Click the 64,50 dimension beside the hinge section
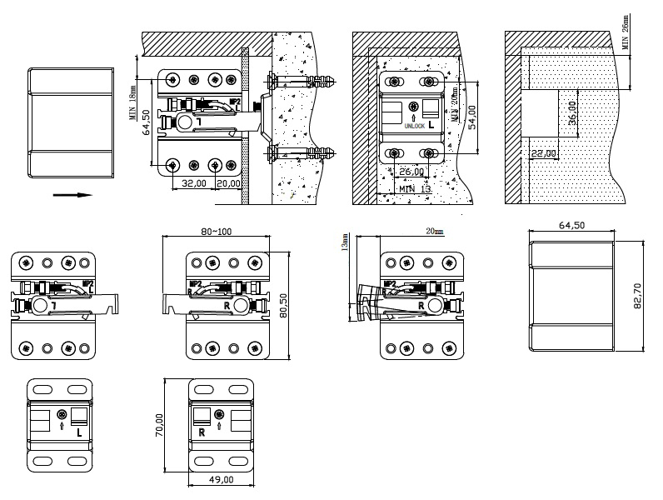pos(146,122)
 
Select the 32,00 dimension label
pos(193,182)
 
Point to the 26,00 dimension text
pos(411,172)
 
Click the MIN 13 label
pos(414,190)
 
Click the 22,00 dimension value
pos(543,153)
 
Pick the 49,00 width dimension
pos(221,480)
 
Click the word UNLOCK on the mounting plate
pos(414,125)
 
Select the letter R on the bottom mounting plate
pos(202,433)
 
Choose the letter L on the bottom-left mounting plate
pos(77,433)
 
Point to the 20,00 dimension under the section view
pos(228,182)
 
